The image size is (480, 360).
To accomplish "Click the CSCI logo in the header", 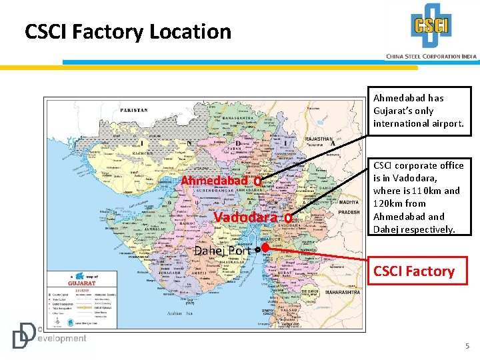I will (431, 27).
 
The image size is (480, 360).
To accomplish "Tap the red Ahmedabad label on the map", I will (215, 181).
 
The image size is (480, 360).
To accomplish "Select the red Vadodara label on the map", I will (245, 217).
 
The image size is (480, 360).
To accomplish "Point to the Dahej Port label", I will (221, 251).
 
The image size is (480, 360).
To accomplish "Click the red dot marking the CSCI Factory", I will (265, 247).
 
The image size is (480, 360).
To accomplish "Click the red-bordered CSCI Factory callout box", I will (414, 271).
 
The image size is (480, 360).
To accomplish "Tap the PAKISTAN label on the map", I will (134, 109).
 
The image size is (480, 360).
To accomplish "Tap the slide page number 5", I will (467, 346).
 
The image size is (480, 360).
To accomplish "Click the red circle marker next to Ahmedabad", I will (257, 181).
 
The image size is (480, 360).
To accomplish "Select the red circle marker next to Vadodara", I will (287, 217).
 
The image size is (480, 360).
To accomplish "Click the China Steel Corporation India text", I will (431, 56).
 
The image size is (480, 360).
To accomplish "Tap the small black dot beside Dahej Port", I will (257, 249).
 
